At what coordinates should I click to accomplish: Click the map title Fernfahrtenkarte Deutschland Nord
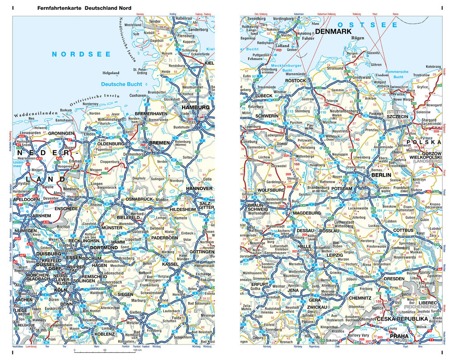tap(81, 8)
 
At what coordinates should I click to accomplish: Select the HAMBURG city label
tap(196, 108)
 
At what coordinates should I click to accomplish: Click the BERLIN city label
tap(381, 175)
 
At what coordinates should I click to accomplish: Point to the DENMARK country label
tap(334, 32)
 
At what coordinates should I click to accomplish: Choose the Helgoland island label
tap(111, 73)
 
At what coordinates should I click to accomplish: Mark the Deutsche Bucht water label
tap(121, 84)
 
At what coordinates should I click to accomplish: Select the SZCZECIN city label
tap(397, 116)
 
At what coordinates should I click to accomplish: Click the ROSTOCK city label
tap(296, 81)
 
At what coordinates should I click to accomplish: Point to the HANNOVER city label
tap(199, 189)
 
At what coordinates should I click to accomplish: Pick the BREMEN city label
tap(159, 143)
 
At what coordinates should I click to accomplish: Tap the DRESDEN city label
tap(394, 279)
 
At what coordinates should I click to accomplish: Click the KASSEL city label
tap(170, 264)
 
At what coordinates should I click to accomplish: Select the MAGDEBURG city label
tap(307, 213)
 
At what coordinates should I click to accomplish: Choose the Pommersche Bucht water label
tap(397, 74)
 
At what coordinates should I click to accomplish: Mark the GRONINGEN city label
tap(61, 133)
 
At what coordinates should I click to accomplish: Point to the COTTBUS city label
tap(403, 230)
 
